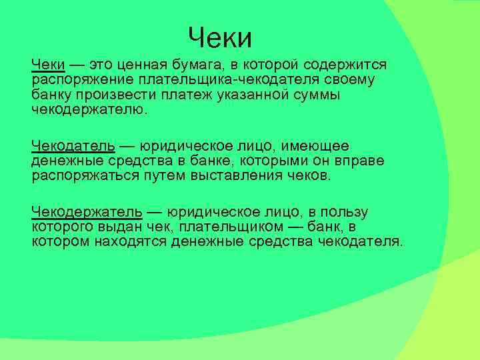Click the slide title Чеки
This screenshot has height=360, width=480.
pyautogui.click(x=220, y=38)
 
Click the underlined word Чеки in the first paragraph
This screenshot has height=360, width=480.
pyautogui.click(x=48, y=65)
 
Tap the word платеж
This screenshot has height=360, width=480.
pyautogui.click(x=191, y=95)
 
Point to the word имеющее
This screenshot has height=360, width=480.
pyautogui.click(x=319, y=146)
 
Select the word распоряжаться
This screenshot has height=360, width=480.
pyautogui.click(x=85, y=175)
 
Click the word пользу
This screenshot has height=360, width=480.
pyautogui.click(x=344, y=212)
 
